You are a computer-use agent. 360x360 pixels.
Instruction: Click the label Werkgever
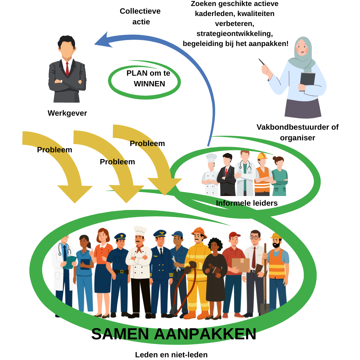point(67,113)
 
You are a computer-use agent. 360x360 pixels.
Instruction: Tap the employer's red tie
point(67,69)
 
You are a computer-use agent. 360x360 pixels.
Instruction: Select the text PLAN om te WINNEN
point(148,79)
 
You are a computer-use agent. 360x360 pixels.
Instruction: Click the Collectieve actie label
point(140,16)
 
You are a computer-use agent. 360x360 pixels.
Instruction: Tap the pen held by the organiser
point(262,62)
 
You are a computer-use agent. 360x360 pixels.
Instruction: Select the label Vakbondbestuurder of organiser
point(297,132)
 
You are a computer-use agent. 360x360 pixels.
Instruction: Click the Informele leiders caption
point(247,203)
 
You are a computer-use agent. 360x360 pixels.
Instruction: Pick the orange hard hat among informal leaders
point(262,156)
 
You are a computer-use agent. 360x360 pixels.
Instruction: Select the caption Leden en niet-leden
point(171,355)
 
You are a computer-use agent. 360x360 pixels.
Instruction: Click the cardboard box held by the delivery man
point(240,265)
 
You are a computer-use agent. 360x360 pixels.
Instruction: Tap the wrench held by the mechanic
point(176,263)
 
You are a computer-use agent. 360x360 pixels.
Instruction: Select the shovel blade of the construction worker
point(264,309)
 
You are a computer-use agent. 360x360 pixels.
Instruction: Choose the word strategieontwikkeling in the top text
point(235,33)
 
